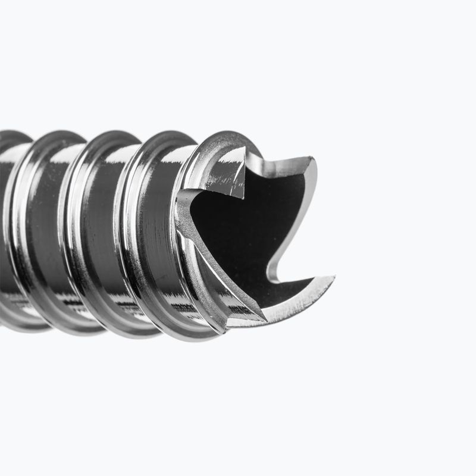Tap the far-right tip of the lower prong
[333, 278]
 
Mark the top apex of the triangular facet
[243, 149]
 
